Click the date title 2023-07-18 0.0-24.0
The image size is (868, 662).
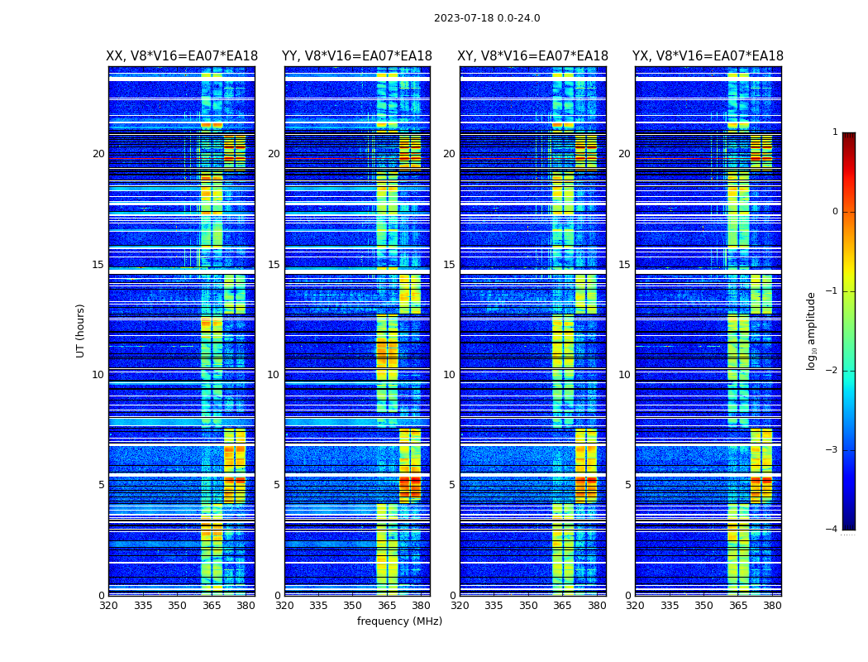487,18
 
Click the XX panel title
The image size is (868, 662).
182,56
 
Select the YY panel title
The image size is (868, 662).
357,56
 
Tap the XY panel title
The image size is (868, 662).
532,56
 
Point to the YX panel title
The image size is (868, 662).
708,56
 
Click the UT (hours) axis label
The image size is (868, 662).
80,330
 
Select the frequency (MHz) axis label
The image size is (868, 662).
399,621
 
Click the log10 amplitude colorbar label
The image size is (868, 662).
812,330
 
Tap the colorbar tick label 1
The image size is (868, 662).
834,132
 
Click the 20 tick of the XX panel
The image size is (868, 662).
98,154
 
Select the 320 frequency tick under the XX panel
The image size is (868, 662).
108,606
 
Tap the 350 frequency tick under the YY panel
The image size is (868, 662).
353,606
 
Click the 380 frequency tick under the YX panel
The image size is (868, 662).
772,606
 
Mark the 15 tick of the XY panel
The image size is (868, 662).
450,265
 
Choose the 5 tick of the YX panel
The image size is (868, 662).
627,485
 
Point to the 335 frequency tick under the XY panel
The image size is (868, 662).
494,606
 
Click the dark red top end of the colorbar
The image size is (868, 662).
848,136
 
